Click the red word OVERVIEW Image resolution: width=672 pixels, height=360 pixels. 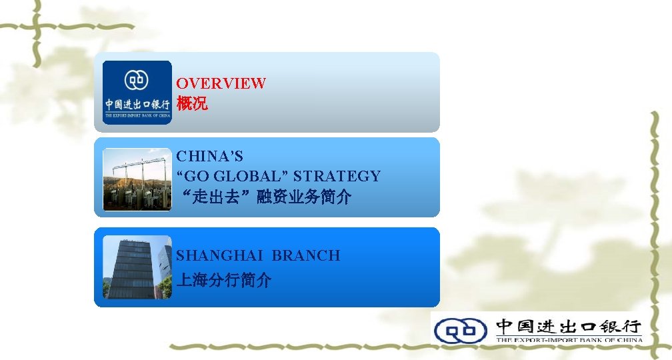coord(221,83)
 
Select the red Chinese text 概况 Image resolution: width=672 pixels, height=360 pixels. coord(191,105)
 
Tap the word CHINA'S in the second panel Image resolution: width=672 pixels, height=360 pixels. coord(209,157)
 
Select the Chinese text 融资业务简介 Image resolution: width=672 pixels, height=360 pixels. coord(308,197)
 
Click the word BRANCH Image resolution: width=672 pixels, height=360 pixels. coord(306,255)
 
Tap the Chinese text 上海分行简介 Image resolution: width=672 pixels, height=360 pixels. coord(223,280)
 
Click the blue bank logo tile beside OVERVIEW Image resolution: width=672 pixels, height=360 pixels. coord(137,92)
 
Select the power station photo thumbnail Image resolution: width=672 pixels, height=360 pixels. coord(137,179)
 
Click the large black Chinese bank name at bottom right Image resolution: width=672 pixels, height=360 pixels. coord(569,326)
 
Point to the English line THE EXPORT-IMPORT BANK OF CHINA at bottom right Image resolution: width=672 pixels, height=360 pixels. coord(569,340)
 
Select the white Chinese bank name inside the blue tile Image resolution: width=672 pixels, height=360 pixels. coord(137,105)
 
